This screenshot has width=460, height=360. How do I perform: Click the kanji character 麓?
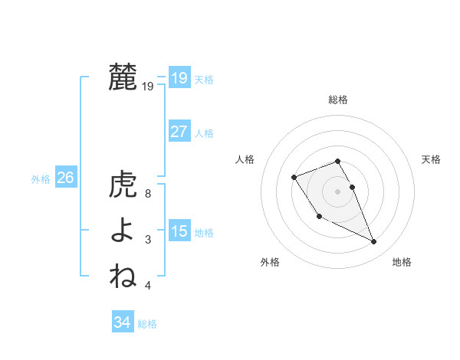[123, 77]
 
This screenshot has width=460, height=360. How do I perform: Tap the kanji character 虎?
[123, 185]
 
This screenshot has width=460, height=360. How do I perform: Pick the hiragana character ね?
[123, 275]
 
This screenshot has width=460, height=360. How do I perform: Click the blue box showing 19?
[179, 78]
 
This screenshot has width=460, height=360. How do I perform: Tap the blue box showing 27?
[179, 132]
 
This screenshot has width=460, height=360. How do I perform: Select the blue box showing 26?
[65, 178]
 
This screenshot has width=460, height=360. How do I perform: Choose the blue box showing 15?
[179, 231]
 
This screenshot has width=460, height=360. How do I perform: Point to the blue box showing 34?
[122, 322]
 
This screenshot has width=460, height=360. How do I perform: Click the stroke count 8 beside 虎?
[148, 195]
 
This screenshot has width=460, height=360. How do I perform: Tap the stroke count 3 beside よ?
[148, 240]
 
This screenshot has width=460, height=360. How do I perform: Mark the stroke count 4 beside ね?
[148, 285]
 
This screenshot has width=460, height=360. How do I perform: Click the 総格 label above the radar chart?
[338, 100]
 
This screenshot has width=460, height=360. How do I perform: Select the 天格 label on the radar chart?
[432, 159]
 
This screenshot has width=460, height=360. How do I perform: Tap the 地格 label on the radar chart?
[402, 262]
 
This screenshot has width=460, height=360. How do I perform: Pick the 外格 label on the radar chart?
[270, 262]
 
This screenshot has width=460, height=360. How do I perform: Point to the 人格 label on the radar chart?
[245, 159]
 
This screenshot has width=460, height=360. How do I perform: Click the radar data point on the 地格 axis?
[374, 242]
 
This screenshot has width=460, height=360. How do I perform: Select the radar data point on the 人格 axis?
[294, 177]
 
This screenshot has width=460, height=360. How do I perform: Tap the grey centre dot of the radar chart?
[338, 191]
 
